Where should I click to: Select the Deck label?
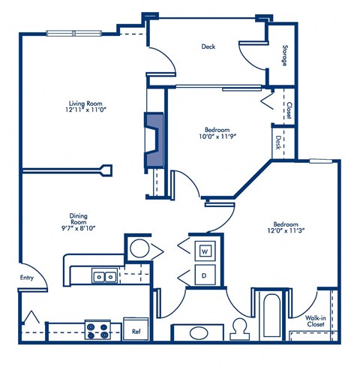(208, 47)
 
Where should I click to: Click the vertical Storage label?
(285, 56)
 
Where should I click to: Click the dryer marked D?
(205, 275)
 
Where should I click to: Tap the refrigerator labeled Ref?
(137, 329)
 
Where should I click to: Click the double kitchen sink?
(104, 276)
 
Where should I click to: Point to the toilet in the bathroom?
(240, 329)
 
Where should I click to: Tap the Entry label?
(27, 277)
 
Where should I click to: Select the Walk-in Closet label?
(315, 321)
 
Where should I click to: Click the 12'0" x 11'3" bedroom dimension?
(286, 233)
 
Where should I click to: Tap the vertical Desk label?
(277, 142)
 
